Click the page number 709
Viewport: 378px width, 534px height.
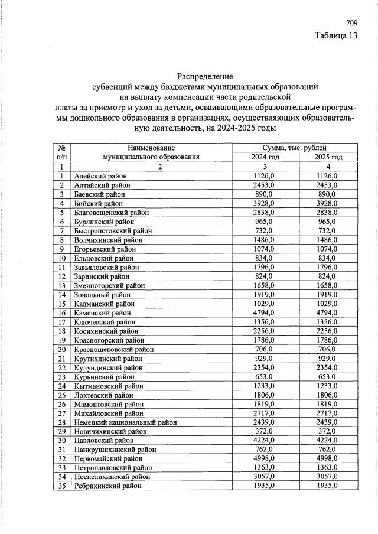pyautogui.click(x=351, y=24)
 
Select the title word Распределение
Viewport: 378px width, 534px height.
pyautogui.click(x=205, y=76)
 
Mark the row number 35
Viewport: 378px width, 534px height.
pyautogui.click(x=61, y=486)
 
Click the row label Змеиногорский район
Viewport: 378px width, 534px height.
pyautogui.click(x=109, y=285)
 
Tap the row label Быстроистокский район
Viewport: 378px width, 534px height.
pyautogui.click(x=113, y=230)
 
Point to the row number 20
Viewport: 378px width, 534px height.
pyautogui.click(x=61, y=349)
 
